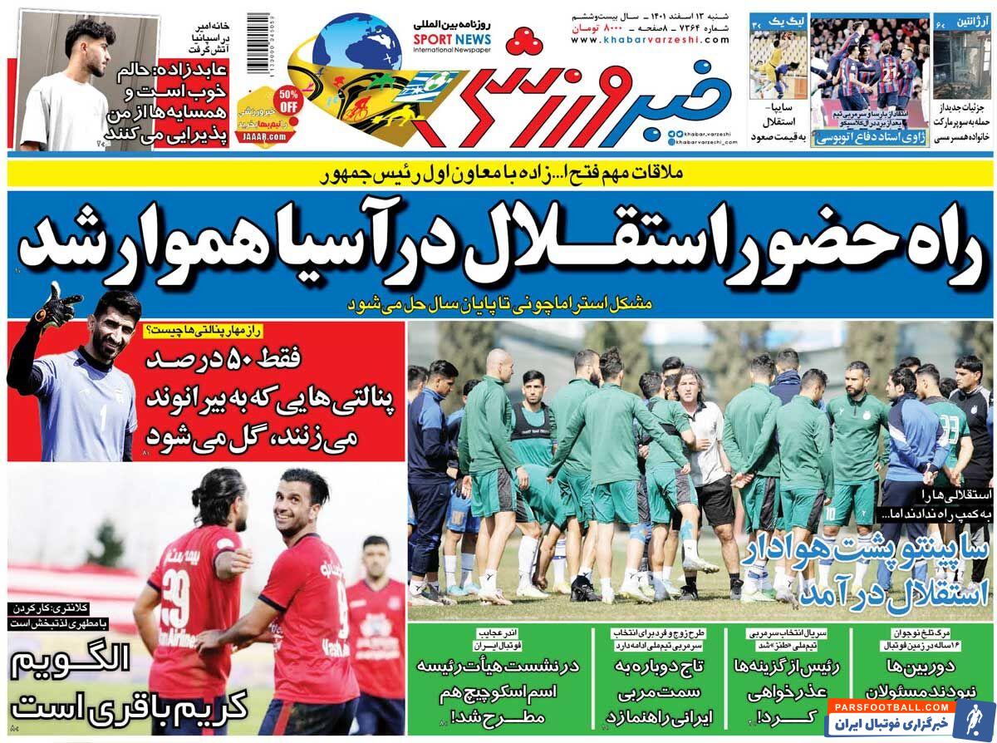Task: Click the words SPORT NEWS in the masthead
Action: tap(452, 40)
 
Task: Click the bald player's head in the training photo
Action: tap(498, 362)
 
